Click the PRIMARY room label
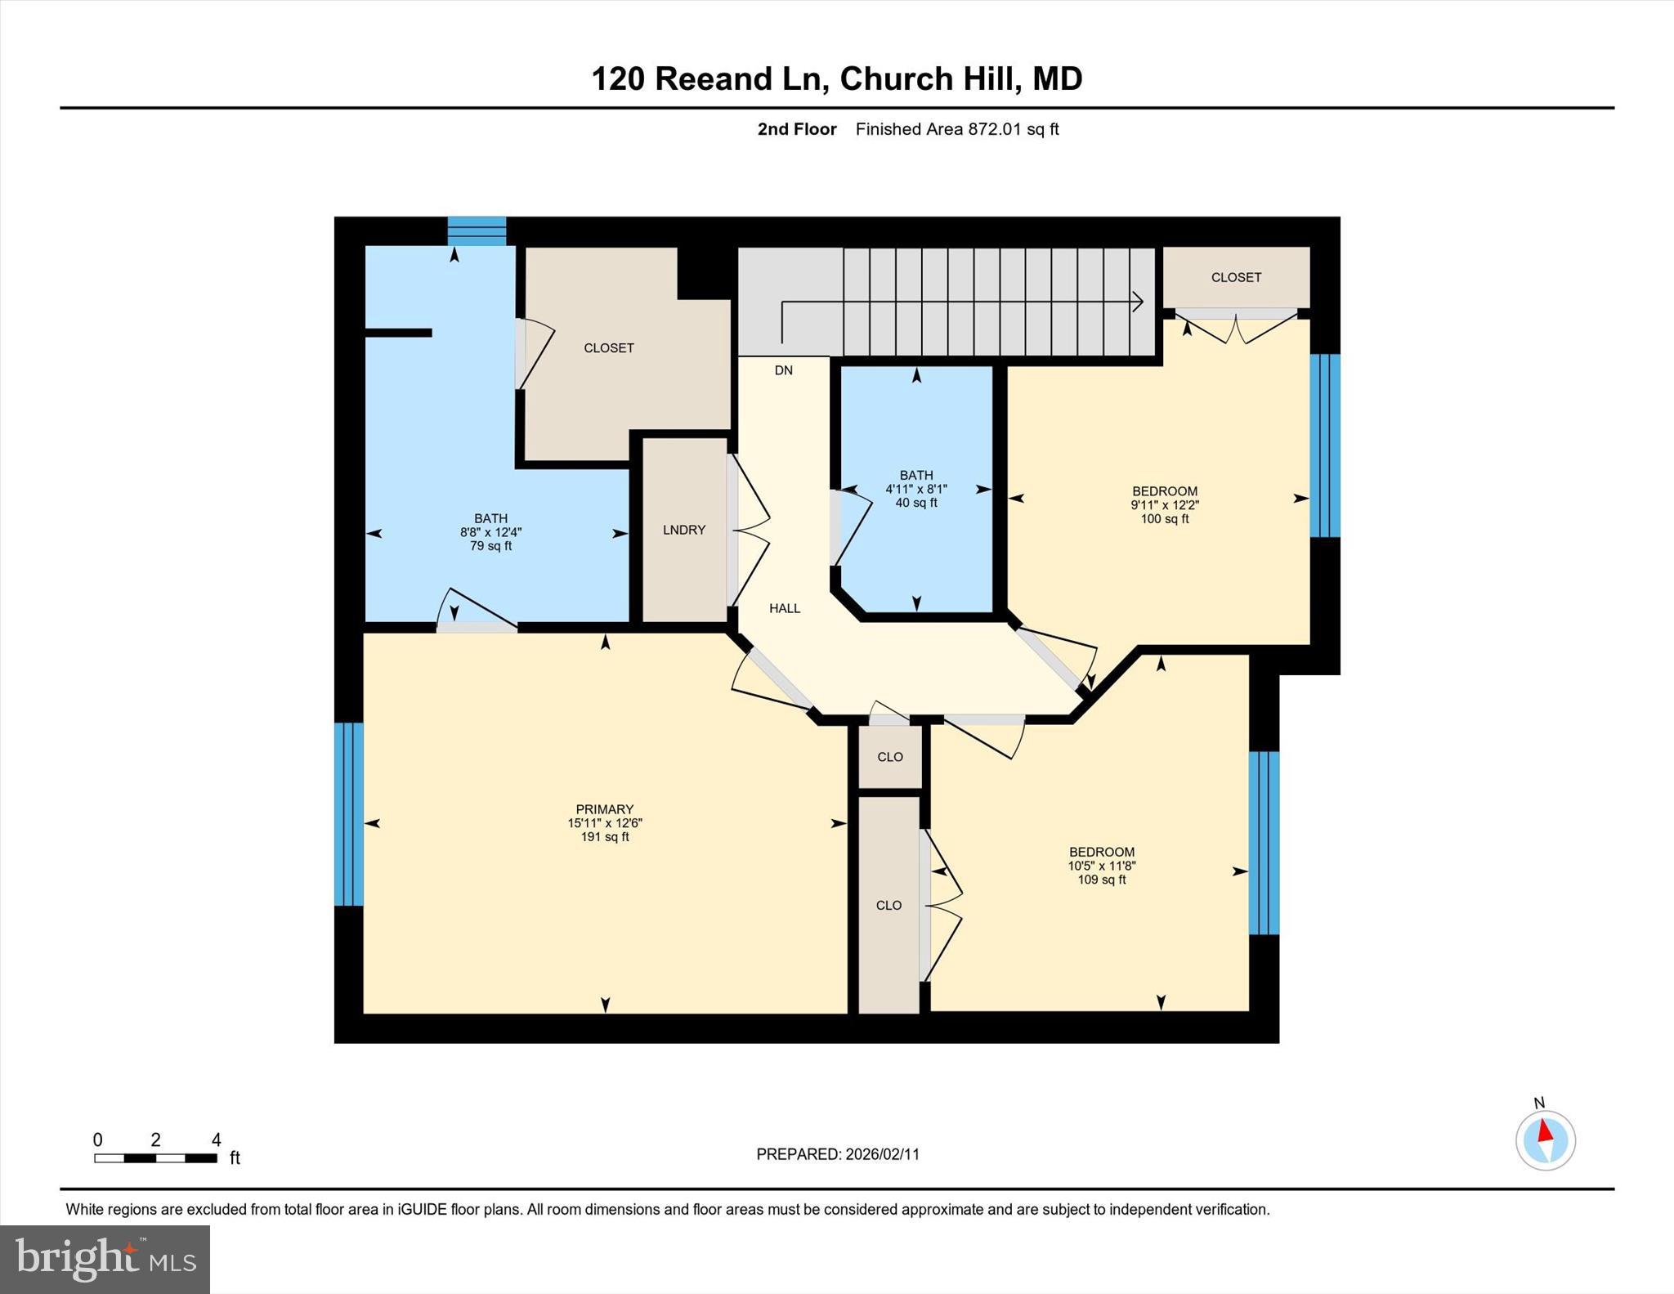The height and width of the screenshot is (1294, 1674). point(604,809)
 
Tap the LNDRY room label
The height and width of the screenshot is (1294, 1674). point(683,530)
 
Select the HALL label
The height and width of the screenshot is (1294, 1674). point(784,608)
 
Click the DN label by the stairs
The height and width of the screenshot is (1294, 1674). point(783,370)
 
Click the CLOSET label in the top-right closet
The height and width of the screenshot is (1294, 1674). point(1236,278)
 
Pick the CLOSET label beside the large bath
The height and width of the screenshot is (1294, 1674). point(608,348)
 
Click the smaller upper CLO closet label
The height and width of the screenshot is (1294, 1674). point(889,757)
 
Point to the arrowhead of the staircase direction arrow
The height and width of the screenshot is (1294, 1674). point(1138,302)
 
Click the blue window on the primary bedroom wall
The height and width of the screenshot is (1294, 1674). point(349,814)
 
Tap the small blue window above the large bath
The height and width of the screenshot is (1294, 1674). point(477,231)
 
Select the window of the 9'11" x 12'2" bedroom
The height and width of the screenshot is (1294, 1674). point(1324,446)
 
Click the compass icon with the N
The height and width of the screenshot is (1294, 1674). point(1545,1140)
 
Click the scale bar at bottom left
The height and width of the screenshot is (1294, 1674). point(155,1157)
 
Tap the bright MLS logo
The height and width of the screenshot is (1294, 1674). point(105,1259)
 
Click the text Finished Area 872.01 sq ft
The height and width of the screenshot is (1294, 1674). point(956,129)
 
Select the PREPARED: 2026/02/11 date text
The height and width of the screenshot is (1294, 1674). point(837,1154)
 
